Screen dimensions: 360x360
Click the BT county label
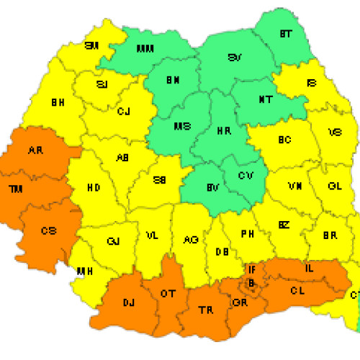click(286, 34)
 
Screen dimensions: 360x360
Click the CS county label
click(48, 230)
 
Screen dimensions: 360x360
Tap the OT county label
click(168, 293)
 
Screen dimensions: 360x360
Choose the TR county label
click(205, 310)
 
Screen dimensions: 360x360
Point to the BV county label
click(212, 187)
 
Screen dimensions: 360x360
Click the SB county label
click(161, 180)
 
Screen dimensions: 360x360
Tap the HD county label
click(94, 187)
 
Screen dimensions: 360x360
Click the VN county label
click(294, 186)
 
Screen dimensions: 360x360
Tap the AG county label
click(190, 240)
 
